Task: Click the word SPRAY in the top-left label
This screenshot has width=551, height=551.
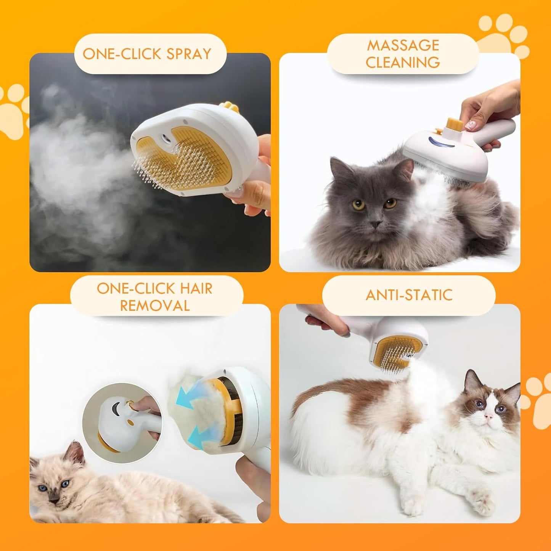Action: pos(189,54)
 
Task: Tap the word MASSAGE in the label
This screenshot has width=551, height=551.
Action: pos(403,45)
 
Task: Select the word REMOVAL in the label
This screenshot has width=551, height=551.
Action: pos(155,306)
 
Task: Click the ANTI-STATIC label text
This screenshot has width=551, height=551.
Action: pos(409,295)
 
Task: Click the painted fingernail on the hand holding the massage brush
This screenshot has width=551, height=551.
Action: pos(472,124)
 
